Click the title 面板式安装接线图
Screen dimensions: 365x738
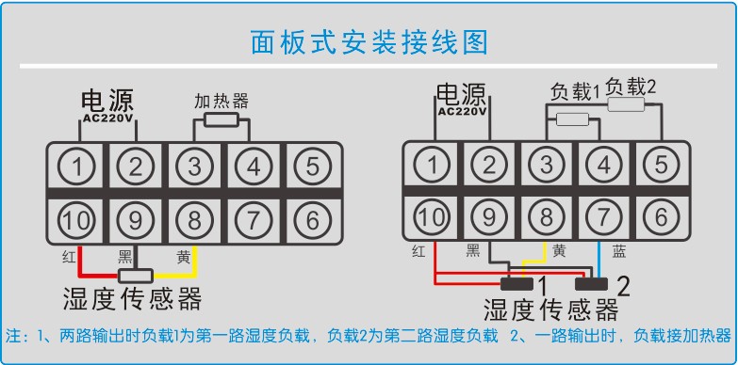[369, 41]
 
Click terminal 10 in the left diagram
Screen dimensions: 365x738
[79, 221]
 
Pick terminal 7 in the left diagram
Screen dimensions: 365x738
[253, 221]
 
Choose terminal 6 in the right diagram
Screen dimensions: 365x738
[660, 216]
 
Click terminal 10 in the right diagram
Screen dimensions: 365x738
[432, 216]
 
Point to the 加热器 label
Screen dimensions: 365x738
[221, 101]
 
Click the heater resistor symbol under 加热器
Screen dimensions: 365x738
[221, 120]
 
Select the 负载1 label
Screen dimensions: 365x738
[574, 92]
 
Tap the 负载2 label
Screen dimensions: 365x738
[631, 86]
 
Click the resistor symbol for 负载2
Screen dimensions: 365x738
[626, 105]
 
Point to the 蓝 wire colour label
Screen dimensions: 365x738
[618, 251]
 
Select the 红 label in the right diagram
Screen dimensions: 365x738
[418, 251]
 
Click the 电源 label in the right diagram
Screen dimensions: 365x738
[460, 93]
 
